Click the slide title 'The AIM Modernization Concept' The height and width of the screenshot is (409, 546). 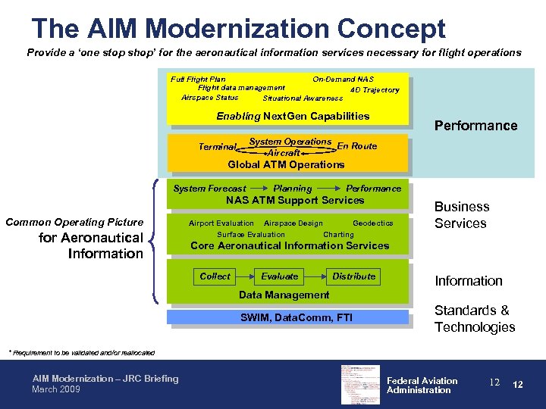coord(238,29)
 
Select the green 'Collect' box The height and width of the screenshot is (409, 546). coord(215,276)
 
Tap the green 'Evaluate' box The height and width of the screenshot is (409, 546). coord(280,276)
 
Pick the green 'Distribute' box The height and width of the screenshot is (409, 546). coord(354,276)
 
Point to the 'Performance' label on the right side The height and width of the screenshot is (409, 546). coord(475,126)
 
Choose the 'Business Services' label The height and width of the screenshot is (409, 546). coord(462,215)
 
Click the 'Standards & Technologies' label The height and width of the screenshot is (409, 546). coord(474,319)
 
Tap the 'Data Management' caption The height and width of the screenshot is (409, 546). coord(284,295)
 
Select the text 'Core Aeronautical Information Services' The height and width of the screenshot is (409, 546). coord(289,245)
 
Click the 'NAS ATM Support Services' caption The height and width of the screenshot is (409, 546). coord(295,201)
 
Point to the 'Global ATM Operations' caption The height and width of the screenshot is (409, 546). coord(286,164)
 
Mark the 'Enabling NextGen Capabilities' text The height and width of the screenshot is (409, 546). coord(293,116)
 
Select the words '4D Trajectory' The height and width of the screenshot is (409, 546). coord(375,90)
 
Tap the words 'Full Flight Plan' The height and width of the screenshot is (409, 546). coord(198,79)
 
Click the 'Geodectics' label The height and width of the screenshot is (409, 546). coord(372,223)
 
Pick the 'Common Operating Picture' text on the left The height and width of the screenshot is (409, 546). coord(74,222)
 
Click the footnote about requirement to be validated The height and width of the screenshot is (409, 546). coord(81,352)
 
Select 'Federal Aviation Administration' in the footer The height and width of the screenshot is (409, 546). coord(422,386)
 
